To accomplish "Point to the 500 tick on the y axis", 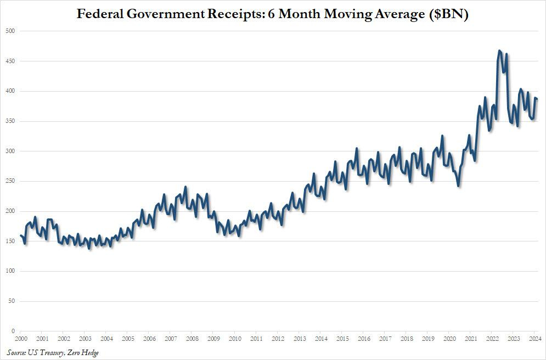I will (x=9, y=31).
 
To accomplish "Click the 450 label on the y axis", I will (x=9, y=61).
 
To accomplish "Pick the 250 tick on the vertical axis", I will (x=9, y=181).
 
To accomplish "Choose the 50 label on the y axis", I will (x=11, y=301).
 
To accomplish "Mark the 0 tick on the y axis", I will (x=13, y=331).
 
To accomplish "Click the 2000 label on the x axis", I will (x=21, y=339).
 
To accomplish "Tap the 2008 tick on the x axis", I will (x=192, y=339).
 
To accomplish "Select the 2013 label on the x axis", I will (x=299, y=339).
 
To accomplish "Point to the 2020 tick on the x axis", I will (x=449, y=339).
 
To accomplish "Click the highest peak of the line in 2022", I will (x=499, y=51).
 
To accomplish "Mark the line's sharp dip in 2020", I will (x=458, y=186).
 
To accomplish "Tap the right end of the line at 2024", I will (x=537, y=99).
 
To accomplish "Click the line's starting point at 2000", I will (x=21, y=235).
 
